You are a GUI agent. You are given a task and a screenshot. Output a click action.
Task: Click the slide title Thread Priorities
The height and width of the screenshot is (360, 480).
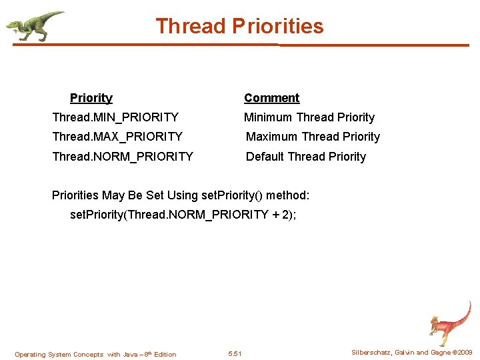coord(239,26)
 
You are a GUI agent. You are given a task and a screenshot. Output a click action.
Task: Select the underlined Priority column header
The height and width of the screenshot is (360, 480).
coord(91,98)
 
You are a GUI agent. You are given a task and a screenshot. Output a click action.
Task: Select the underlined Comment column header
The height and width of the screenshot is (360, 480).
coord(271,98)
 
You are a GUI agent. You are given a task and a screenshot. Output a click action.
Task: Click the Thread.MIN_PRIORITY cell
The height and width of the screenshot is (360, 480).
coord(115,117)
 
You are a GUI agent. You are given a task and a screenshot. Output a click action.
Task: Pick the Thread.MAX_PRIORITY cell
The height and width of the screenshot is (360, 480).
coord(117,137)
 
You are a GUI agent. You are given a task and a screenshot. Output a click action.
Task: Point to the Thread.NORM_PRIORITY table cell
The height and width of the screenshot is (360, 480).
coord(123,157)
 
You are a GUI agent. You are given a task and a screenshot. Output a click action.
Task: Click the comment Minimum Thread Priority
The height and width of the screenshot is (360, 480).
coord(309,117)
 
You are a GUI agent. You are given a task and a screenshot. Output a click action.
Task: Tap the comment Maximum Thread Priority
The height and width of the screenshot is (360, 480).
coord(313,137)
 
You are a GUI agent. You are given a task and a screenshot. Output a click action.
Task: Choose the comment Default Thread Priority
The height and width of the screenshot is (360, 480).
coord(306,157)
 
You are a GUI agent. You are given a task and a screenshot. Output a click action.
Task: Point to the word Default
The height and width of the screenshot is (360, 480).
coord(265,157)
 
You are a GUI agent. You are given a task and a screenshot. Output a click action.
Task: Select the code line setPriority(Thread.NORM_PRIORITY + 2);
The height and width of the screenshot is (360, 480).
coord(183,215)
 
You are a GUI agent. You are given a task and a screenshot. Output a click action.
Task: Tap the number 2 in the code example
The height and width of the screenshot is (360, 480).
coord(283,215)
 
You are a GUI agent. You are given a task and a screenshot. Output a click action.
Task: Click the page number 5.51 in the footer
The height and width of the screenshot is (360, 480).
coord(235,353)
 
